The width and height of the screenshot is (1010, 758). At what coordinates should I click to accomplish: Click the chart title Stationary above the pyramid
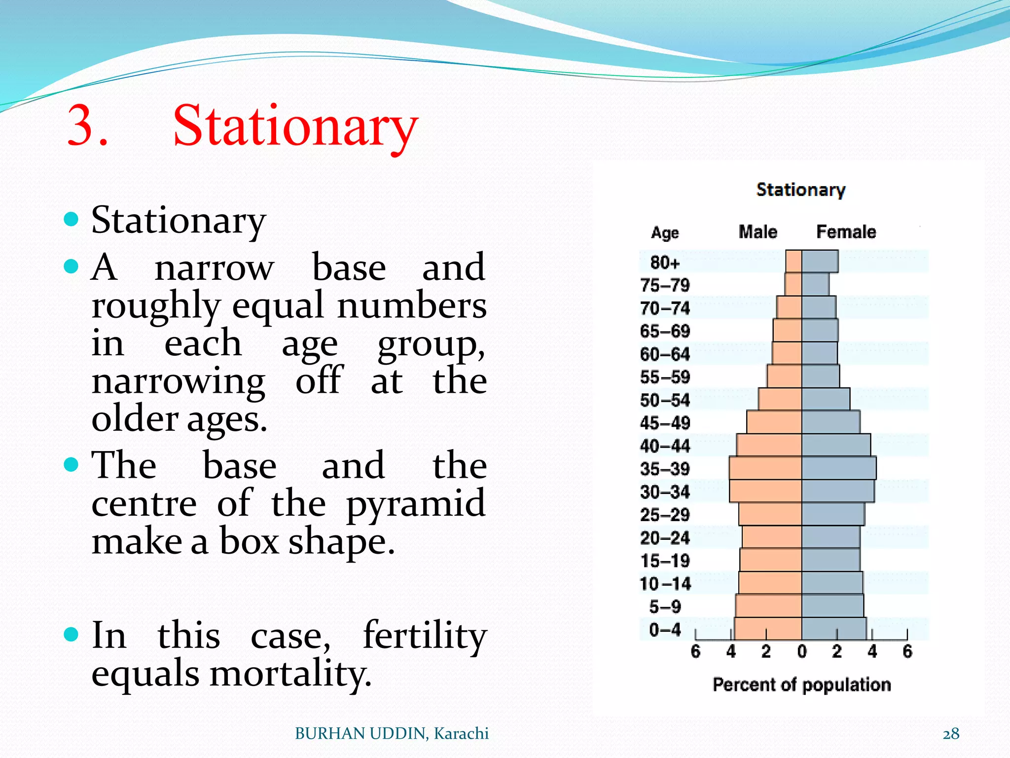click(x=800, y=190)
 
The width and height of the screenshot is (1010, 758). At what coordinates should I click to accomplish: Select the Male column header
click(x=757, y=232)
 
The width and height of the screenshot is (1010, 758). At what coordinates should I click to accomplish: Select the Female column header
click(x=846, y=232)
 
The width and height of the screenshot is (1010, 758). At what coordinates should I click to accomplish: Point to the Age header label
click(x=665, y=232)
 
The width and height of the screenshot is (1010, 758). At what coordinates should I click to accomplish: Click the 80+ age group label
click(x=664, y=263)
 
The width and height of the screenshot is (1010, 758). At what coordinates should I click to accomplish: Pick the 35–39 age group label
click(x=664, y=469)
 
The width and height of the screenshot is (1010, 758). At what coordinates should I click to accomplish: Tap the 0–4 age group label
click(x=664, y=630)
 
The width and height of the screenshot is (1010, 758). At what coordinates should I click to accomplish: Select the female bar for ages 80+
click(x=820, y=262)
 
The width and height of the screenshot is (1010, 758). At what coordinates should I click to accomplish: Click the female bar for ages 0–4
click(x=833, y=629)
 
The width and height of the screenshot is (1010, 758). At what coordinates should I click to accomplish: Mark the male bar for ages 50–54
click(x=780, y=399)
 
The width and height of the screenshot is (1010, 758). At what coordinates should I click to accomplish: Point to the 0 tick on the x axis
click(x=802, y=652)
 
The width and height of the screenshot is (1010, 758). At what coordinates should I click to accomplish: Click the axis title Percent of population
click(x=801, y=685)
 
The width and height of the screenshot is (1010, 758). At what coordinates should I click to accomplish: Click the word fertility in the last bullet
click(x=425, y=636)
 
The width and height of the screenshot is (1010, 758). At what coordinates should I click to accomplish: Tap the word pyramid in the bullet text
click(x=416, y=504)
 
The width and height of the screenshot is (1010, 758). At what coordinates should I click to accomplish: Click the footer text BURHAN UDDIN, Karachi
click(x=392, y=734)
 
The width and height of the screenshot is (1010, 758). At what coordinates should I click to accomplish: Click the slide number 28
click(x=951, y=734)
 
